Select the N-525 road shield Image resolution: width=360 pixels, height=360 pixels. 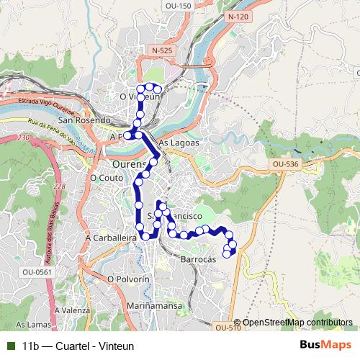point(163,49)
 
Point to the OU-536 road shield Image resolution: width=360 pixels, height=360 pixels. point(286,164)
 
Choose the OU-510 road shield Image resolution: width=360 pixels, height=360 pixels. point(228,328)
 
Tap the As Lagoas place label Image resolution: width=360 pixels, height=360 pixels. point(176,143)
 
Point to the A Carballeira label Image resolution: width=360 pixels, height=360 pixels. point(110,236)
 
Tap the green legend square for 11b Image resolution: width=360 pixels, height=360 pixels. point(11,346)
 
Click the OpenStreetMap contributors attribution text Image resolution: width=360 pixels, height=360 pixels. point(297,323)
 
